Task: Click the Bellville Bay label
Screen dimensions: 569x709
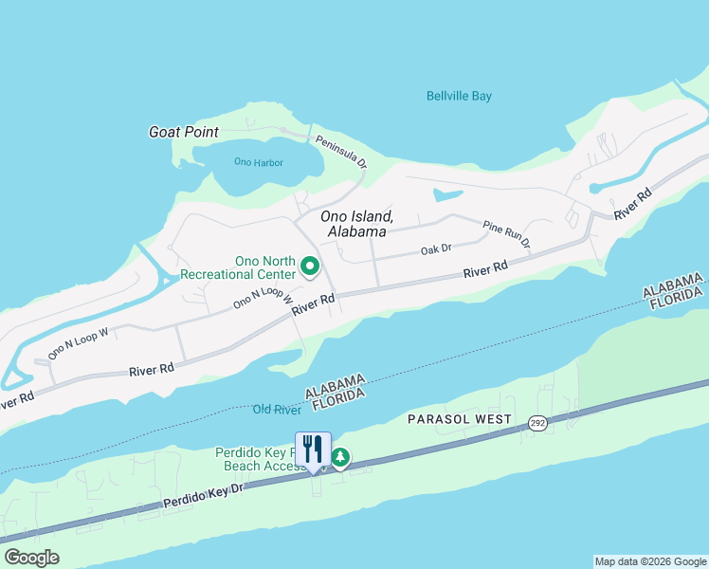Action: coord(459,96)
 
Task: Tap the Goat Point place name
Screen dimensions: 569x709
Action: coord(184,133)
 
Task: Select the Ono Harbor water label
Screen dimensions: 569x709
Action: coord(258,162)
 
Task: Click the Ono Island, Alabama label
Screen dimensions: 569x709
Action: coord(356,224)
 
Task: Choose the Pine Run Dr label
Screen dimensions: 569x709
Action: coord(506,235)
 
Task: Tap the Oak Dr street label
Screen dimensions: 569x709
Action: coord(436,249)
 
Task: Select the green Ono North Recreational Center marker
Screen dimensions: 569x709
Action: coord(310,268)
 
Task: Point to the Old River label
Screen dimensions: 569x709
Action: coord(277,410)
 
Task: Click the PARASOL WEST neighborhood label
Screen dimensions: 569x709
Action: coord(460,419)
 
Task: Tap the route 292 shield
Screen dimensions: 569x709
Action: coord(537,426)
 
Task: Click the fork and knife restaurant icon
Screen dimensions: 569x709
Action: coord(313,450)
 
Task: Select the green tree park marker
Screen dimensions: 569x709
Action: coord(339,459)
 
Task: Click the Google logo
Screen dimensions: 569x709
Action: coord(32,558)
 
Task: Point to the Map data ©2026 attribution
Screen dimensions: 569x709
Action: coord(649,561)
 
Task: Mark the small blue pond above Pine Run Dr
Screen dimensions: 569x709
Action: coord(446,195)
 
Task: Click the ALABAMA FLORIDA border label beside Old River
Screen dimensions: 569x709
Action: coord(336,389)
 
